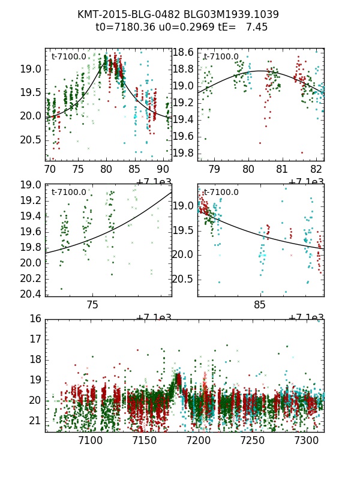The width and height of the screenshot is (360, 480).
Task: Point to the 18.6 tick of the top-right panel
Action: (184, 52)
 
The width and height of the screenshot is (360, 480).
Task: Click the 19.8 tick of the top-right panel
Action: (184, 154)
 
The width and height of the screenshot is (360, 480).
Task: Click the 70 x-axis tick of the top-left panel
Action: (50, 170)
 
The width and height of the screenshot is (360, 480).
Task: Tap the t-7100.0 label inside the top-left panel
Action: (69, 57)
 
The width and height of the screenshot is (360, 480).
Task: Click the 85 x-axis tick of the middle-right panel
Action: (260, 305)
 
